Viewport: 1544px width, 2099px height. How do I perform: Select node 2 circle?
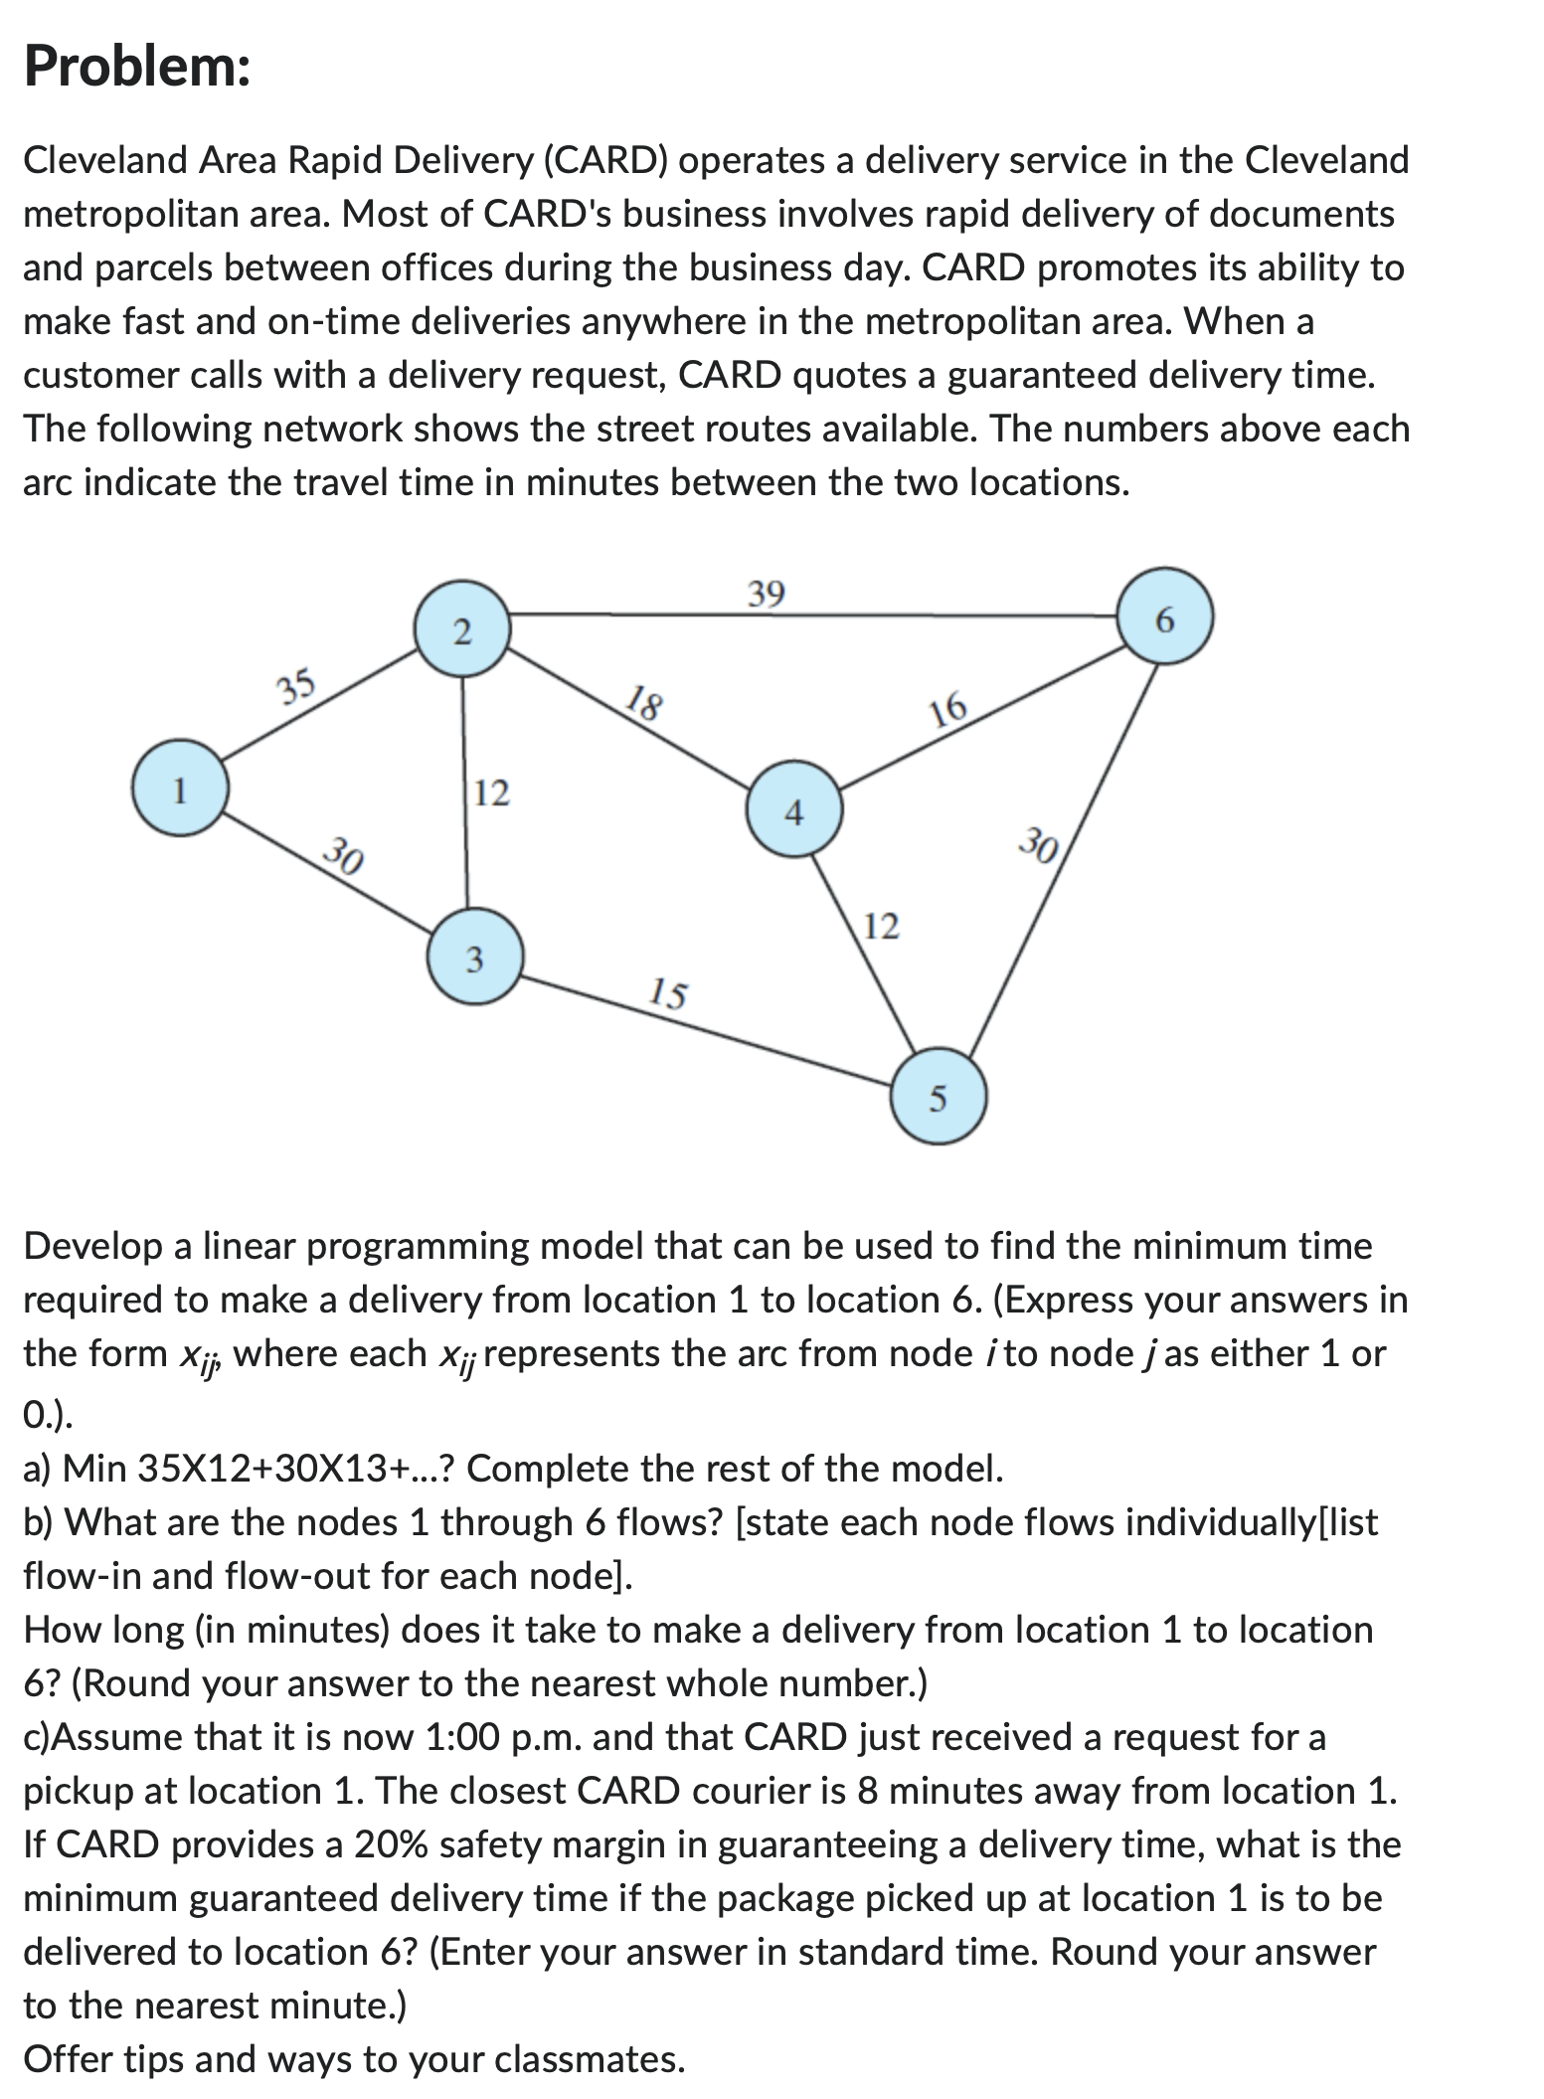pos(461,631)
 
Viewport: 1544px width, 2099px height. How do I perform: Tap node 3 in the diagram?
pos(474,959)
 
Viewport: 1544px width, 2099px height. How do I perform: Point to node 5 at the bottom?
pos(938,1098)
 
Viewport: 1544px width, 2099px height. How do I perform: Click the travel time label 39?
pos(766,594)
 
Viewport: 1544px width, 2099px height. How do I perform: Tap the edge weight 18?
pos(644,703)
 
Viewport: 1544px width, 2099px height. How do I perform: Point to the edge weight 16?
pos(948,709)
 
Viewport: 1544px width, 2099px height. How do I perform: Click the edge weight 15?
pos(667,992)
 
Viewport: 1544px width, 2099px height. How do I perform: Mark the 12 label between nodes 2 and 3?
pos(491,793)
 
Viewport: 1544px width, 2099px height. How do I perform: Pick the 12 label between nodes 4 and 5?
pos(881,927)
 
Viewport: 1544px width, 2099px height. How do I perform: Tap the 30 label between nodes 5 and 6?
pos(1040,846)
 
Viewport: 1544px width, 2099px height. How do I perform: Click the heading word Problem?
pos(137,68)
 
